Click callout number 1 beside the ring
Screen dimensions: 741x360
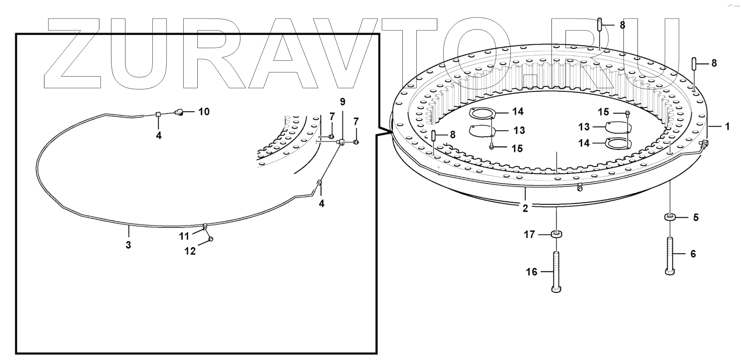click(x=727, y=126)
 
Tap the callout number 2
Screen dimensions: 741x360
click(x=525, y=208)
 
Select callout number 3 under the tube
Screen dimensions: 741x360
click(x=128, y=245)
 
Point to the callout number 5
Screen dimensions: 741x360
click(x=696, y=218)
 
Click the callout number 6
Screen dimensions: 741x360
click(x=693, y=254)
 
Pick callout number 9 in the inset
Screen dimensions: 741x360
click(x=342, y=102)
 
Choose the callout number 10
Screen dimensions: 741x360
click(x=204, y=112)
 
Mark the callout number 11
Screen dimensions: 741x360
click(x=184, y=236)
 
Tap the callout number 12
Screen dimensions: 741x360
click(x=190, y=251)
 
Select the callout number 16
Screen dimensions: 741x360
click(x=532, y=272)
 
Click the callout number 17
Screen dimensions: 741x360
click(x=529, y=235)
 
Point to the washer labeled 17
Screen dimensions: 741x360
click(x=556, y=234)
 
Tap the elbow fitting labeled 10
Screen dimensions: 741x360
click(x=180, y=112)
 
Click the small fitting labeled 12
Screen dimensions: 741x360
click(x=211, y=239)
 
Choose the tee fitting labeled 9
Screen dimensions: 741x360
click(x=341, y=142)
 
